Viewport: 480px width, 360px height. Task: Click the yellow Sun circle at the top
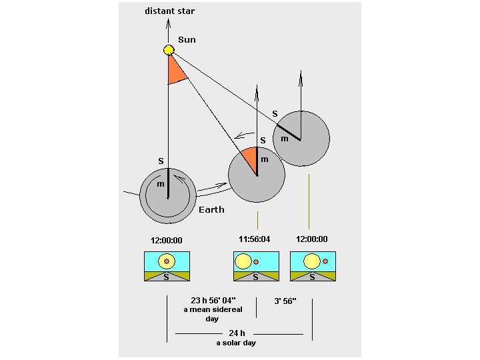pyautogui.click(x=169, y=50)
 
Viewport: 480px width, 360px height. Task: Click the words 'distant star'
pyautogui.click(x=170, y=11)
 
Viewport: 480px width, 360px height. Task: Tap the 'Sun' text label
pyautogui.click(x=187, y=40)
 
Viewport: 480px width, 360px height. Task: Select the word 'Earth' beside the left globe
pyautogui.click(x=211, y=209)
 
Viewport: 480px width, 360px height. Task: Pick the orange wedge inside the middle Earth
pyautogui.click(x=250, y=159)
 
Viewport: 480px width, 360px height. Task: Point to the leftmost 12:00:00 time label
pyautogui.click(x=167, y=241)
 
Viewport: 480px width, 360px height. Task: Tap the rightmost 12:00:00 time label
pyautogui.click(x=312, y=239)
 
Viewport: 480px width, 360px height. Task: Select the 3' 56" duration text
pyautogui.click(x=285, y=301)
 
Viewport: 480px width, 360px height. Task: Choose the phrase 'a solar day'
pyautogui.click(x=236, y=343)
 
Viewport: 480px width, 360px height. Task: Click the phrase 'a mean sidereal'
pyautogui.click(x=212, y=310)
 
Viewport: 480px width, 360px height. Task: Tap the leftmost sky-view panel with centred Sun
pyautogui.click(x=167, y=266)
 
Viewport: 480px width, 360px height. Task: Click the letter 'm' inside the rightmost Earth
pyautogui.click(x=284, y=139)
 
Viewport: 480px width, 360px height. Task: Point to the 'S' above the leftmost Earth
pyautogui.click(x=161, y=161)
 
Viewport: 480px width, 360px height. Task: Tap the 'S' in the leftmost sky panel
pyautogui.click(x=167, y=277)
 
